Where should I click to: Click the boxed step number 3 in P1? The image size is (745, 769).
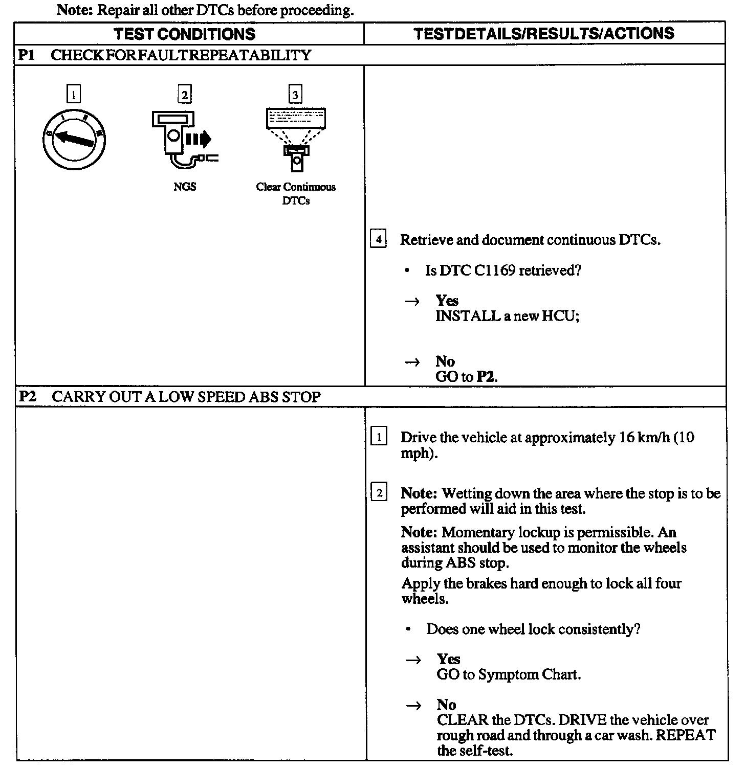[295, 95]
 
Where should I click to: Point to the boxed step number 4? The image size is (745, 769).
[378, 239]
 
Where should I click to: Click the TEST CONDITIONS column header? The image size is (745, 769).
[185, 34]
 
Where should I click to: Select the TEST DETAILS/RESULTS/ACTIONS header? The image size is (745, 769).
[543, 34]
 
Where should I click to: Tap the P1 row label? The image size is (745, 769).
[26, 55]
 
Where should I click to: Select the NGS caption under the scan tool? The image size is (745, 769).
[185, 187]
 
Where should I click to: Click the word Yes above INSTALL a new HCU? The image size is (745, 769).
[447, 301]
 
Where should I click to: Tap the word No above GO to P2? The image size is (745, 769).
[445, 361]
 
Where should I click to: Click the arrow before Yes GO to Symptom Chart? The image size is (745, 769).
[413, 660]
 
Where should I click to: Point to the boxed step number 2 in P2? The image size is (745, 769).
[379, 493]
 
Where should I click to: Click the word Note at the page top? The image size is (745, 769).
[74, 10]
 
